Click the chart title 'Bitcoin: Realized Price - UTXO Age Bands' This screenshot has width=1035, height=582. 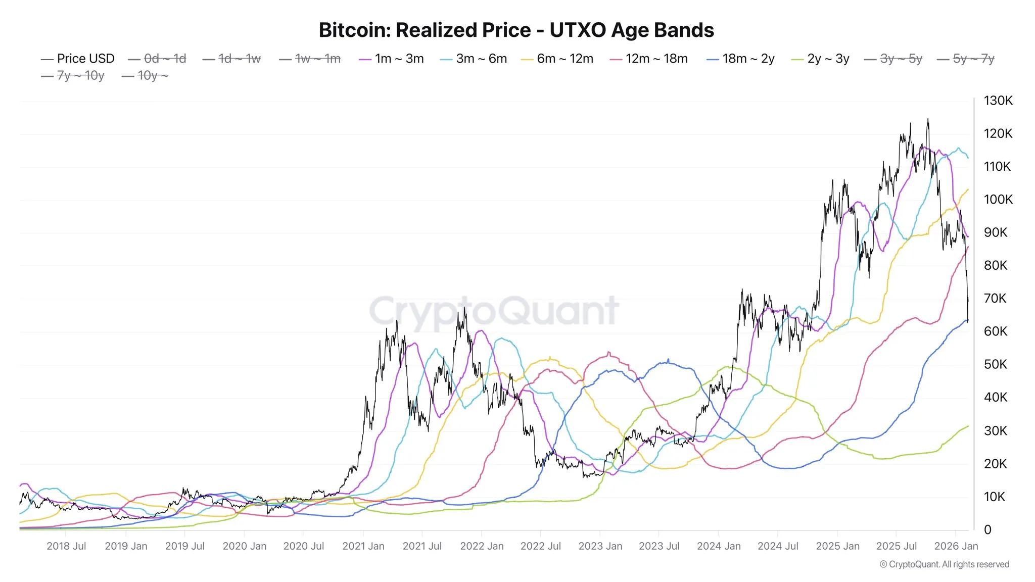coord(516,30)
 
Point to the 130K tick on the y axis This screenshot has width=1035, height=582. coord(998,101)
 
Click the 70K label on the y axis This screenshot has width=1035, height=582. coord(995,299)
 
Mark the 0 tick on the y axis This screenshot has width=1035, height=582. coord(987,529)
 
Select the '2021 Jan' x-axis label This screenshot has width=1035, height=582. coord(363,546)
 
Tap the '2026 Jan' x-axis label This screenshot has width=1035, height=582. coord(956,546)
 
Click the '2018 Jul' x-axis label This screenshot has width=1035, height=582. coord(66,546)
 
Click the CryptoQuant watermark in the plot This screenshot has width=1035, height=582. coord(494,311)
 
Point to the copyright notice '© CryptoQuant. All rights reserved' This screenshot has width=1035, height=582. coord(944,564)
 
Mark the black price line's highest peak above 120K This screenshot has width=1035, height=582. coord(927,120)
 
